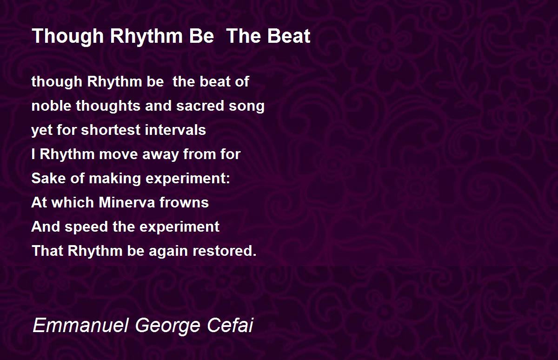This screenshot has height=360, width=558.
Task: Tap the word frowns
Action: click(x=184, y=202)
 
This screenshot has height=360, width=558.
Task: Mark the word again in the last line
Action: click(x=168, y=251)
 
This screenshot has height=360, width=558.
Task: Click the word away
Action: click(x=161, y=155)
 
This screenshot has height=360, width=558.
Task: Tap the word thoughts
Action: click(x=108, y=107)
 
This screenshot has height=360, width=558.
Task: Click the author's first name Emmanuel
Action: click(x=80, y=325)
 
